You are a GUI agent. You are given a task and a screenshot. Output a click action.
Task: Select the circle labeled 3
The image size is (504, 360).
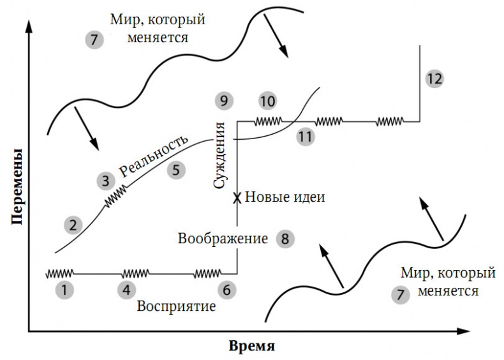(x=105, y=180)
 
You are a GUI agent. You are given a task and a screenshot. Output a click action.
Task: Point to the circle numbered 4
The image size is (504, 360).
(x=126, y=290)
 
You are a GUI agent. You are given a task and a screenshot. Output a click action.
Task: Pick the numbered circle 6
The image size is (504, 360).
(x=226, y=290)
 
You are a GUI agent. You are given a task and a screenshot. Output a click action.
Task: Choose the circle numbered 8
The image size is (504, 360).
(x=285, y=239)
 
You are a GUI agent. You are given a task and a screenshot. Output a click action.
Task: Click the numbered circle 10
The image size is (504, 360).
(x=268, y=101)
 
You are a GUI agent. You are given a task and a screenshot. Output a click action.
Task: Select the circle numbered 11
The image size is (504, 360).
(x=306, y=136)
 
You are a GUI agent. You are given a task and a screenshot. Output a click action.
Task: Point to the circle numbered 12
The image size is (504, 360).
(x=434, y=79)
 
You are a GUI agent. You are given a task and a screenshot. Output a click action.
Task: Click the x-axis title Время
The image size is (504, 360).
(x=252, y=347)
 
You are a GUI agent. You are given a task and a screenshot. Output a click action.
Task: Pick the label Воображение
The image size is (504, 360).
(x=223, y=239)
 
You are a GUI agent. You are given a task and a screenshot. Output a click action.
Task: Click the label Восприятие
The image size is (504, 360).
(x=177, y=306)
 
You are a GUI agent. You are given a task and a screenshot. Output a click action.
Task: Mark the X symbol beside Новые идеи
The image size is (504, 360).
(x=237, y=198)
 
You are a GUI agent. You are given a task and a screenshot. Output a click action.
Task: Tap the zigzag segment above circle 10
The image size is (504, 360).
(x=268, y=121)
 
